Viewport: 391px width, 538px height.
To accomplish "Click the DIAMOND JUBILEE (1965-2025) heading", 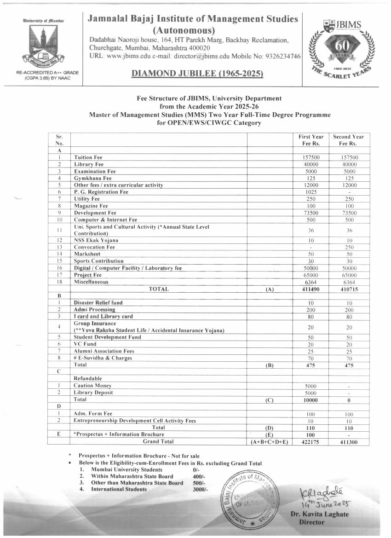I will pos(197,74).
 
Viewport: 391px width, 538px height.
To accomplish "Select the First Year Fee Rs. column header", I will pos(311,140).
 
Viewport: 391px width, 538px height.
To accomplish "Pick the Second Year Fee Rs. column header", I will pos(348,140).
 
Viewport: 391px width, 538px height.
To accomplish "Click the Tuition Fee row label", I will pos(88,157).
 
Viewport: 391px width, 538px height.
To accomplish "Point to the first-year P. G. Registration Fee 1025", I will pos(311,192).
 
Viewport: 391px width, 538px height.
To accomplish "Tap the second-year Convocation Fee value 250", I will pos(348,247).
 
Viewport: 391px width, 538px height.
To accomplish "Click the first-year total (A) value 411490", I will pos(311,289).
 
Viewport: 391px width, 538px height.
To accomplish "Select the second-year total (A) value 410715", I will pos(348,289).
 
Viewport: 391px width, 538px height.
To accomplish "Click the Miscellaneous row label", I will pos(92,282).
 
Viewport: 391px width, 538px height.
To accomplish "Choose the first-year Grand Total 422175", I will pos(311,442).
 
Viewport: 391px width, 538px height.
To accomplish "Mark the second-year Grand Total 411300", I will pos(348,442).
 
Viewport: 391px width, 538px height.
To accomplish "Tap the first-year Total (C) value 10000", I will pos(311,400).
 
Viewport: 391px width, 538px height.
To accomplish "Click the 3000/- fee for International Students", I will pos(201,489).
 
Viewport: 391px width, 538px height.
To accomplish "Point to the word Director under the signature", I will pos(311,522).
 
